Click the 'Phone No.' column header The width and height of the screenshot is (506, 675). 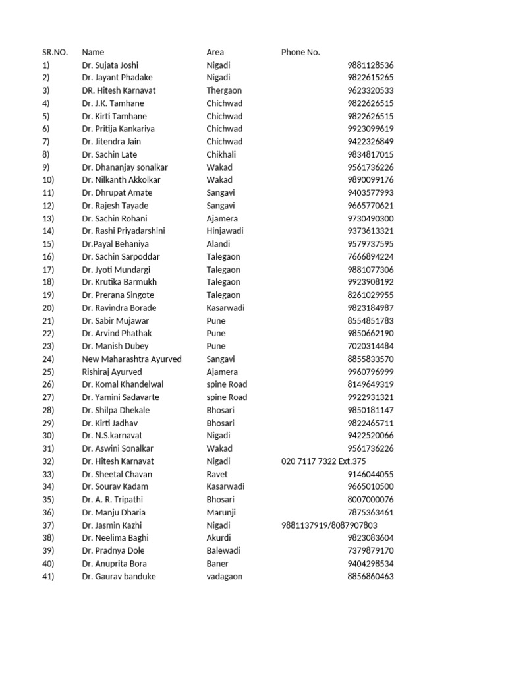click(300, 52)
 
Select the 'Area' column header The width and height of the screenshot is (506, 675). click(215, 52)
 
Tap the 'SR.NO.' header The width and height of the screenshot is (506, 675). click(55, 52)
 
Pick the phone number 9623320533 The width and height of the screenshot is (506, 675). click(370, 90)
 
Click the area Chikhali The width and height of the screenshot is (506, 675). click(221, 154)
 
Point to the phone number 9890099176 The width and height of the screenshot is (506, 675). click(370, 180)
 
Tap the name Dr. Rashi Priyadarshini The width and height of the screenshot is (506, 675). click(124, 231)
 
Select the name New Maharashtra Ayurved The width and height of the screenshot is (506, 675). click(132, 359)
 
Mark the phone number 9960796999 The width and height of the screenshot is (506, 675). click(370, 372)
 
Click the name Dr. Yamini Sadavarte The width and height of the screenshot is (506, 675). click(121, 397)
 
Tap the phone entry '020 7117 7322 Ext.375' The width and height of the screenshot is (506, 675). click(323, 461)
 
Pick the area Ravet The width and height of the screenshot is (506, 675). click(217, 474)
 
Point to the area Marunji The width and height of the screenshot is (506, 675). click(221, 512)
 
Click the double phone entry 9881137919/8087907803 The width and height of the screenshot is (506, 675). click(329, 525)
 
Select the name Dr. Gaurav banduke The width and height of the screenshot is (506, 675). click(119, 576)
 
